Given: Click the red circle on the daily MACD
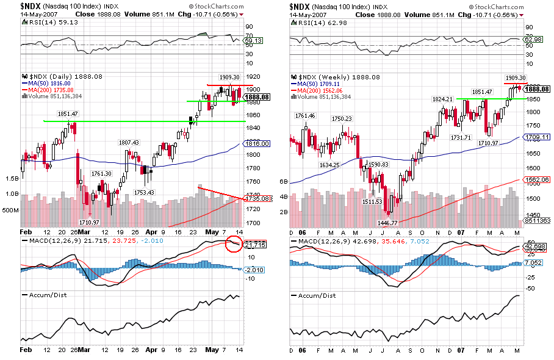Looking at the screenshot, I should click(x=232, y=244).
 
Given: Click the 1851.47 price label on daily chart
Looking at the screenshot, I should click(x=51, y=114).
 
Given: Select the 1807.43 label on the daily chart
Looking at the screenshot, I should click(x=130, y=142).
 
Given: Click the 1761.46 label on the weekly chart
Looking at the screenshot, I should click(x=305, y=115).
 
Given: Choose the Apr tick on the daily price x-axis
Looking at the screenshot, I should click(x=151, y=232).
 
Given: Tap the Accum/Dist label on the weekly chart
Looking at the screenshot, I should click(x=316, y=295).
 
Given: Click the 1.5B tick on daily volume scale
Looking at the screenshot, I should click(x=12, y=179).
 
